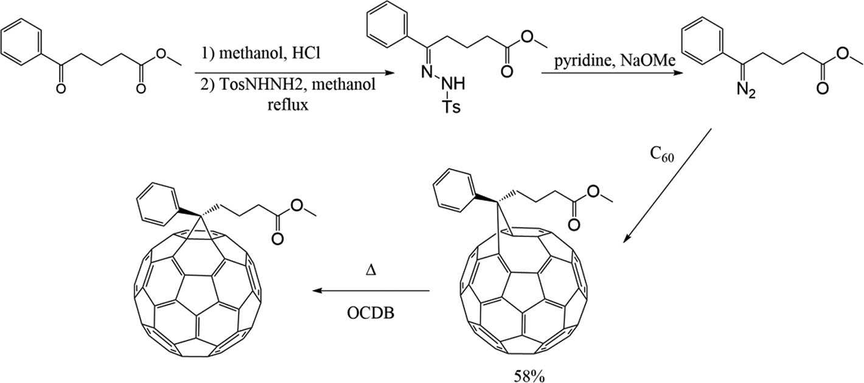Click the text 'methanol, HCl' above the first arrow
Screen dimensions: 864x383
270,53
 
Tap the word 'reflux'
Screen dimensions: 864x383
288,105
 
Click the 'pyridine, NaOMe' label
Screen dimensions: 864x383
615,61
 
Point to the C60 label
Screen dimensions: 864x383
662,154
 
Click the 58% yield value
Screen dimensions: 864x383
529,376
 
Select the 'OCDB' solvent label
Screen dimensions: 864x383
371,313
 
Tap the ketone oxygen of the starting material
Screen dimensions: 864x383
61,89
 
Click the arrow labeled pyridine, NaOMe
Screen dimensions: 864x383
612,73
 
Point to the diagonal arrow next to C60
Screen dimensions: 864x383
667,186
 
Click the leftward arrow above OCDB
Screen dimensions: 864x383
371,291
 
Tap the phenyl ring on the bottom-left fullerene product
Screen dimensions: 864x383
158,202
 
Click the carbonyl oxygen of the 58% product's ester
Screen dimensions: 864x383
574,225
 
